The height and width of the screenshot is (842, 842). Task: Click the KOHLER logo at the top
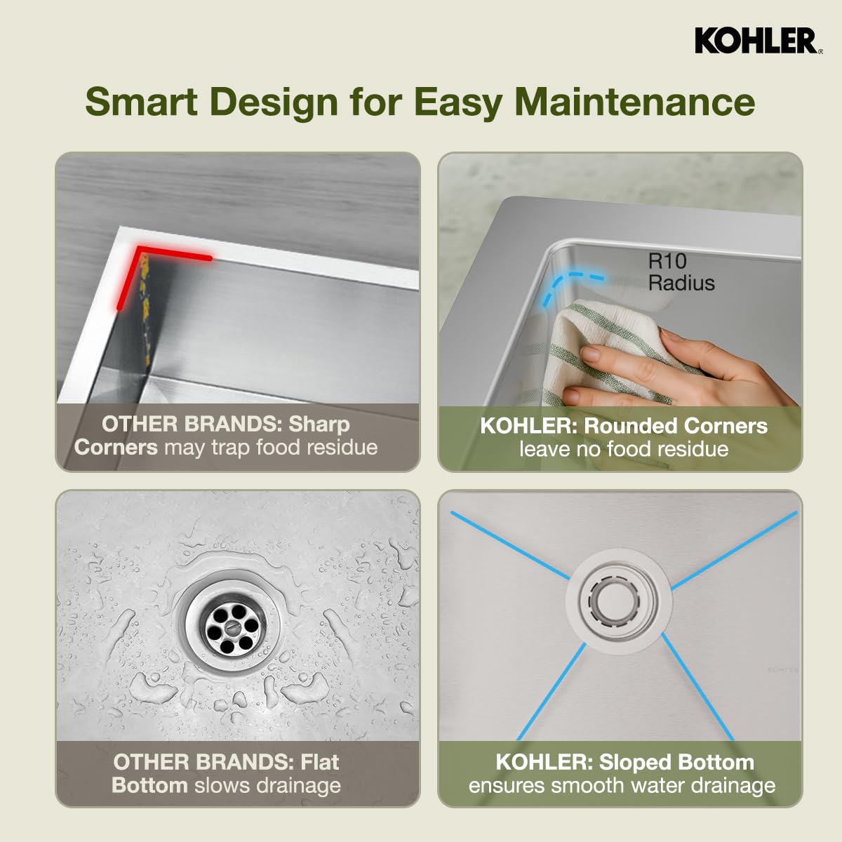tap(756, 41)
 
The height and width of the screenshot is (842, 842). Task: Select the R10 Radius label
tap(680, 272)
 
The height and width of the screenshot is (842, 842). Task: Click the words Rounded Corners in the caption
tap(675, 426)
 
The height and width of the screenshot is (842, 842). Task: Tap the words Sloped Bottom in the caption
tap(676, 762)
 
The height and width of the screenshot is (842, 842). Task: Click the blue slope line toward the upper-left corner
tap(509, 544)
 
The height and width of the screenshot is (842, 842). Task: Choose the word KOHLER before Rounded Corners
tap(528, 426)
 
